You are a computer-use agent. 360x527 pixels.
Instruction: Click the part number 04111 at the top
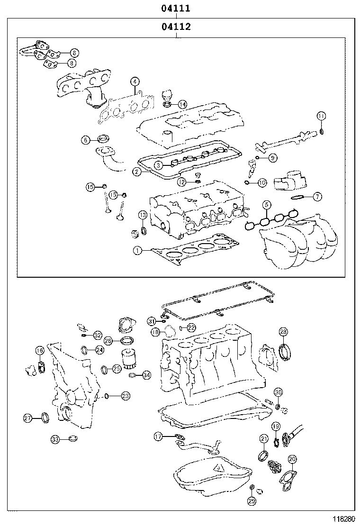tap(176, 8)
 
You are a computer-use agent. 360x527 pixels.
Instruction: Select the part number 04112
tap(176, 27)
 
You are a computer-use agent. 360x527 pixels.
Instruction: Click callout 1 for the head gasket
tap(137, 251)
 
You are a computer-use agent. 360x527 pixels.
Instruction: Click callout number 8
tap(71, 63)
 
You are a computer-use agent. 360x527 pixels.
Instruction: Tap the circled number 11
tap(321, 116)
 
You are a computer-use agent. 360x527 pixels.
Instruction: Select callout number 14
tap(182, 104)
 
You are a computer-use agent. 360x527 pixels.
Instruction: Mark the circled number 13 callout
tap(142, 216)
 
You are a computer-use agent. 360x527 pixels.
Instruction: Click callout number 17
tap(158, 436)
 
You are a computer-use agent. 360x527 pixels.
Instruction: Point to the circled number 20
tap(292, 459)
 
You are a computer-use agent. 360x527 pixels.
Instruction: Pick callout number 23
tap(125, 395)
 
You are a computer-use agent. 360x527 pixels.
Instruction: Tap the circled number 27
tap(28, 418)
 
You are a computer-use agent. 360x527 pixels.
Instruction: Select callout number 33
tap(55, 440)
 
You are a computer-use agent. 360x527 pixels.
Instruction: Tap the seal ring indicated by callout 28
tap(286, 353)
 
